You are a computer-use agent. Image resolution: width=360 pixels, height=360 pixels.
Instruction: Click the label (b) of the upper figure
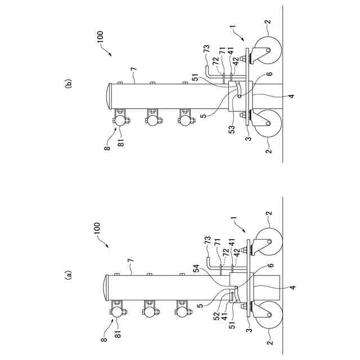tap(69, 85)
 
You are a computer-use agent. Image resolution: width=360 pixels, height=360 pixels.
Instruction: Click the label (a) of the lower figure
tap(69, 275)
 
